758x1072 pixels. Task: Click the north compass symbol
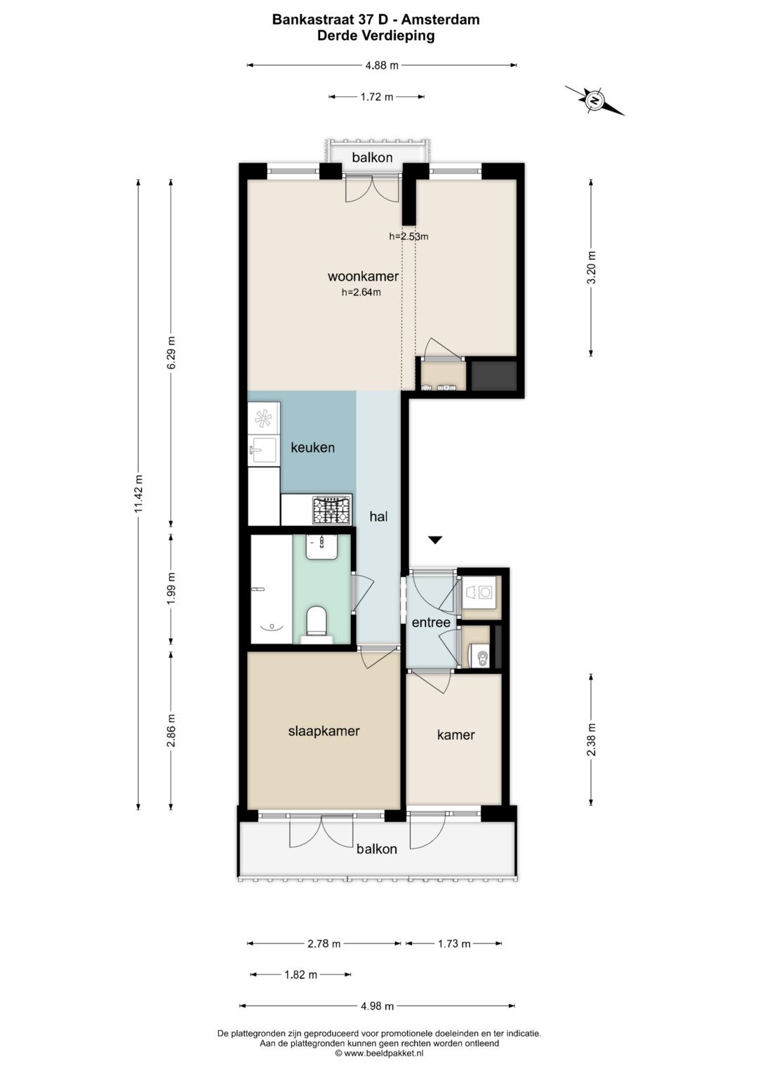594,100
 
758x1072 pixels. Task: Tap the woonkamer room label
364,276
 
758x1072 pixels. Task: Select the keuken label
312,447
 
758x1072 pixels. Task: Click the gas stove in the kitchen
331,510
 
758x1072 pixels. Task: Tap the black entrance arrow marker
434,541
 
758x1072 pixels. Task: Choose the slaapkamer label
324,731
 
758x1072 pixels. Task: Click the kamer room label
456,734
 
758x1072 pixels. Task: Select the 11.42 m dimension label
139,494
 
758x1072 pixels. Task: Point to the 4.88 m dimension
382,65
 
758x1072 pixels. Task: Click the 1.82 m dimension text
301,974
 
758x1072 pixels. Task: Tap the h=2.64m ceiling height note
361,293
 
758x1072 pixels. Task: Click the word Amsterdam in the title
440,20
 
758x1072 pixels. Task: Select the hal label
378,517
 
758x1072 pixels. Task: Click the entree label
431,622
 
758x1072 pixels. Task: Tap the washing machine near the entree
481,593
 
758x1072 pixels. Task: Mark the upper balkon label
372,157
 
